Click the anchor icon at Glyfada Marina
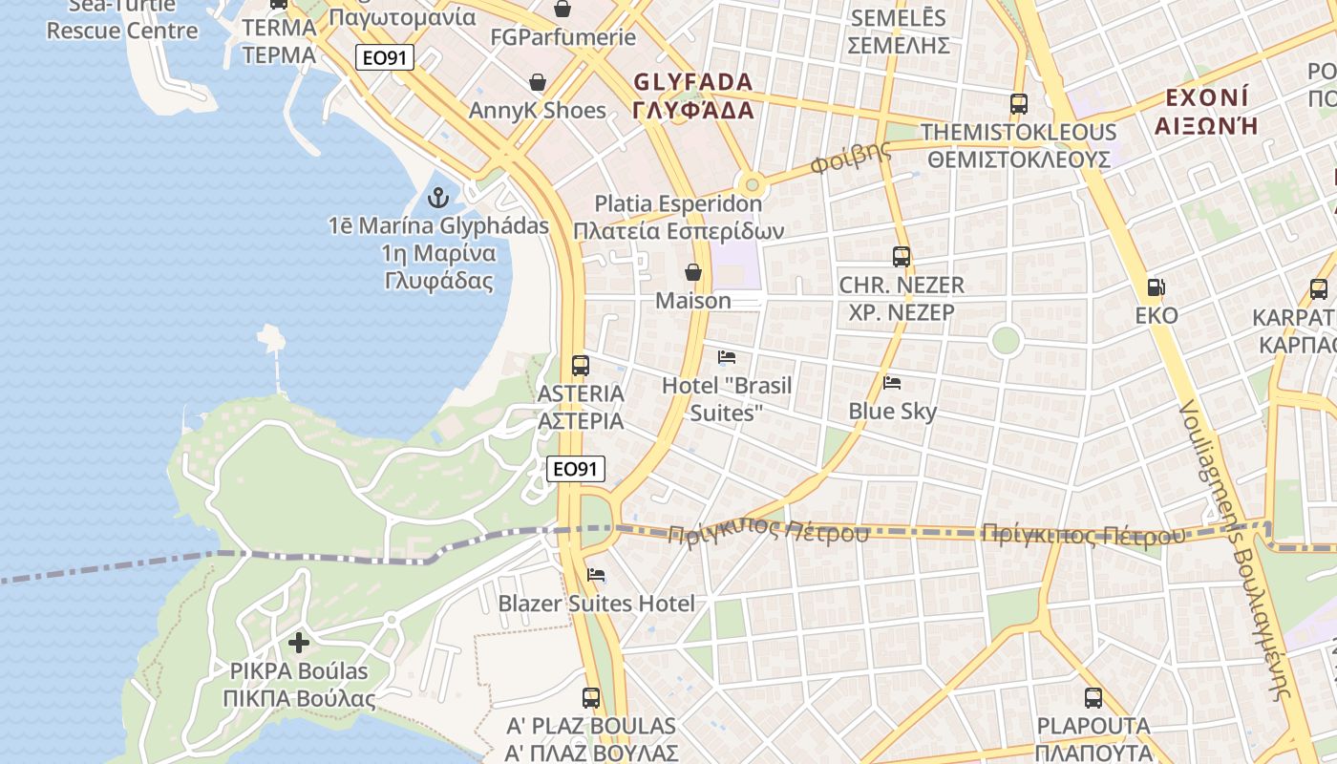(438, 198)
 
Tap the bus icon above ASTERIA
(580, 365)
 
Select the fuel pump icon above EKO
(1156, 287)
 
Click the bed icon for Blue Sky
(892, 383)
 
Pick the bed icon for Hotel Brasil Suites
(727, 357)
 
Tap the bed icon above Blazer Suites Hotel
(596, 575)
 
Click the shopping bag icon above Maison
(693, 273)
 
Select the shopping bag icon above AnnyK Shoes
(538, 82)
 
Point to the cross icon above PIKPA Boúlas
(299, 642)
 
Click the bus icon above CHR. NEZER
(902, 256)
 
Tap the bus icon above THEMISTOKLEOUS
(1019, 103)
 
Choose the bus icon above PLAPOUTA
(1093, 698)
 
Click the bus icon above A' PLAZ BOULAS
(591, 698)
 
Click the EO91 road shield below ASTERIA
(577, 469)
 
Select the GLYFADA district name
(692, 95)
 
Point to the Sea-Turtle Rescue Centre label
(122, 19)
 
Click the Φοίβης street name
(850, 158)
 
